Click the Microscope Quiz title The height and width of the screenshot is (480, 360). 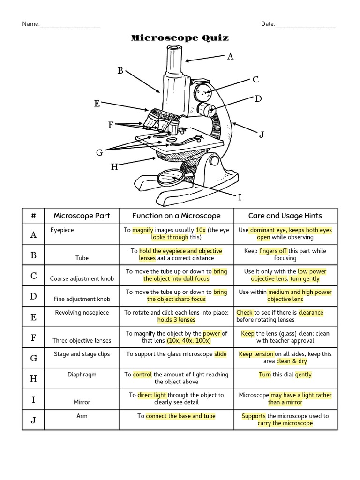(x=180, y=38)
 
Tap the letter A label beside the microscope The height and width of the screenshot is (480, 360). (x=230, y=57)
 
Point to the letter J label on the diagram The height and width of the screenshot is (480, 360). (x=262, y=135)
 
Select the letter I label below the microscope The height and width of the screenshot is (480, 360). (x=240, y=197)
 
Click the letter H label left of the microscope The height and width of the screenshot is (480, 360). (x=114, y=167)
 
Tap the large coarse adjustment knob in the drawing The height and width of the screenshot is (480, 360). (x=202, y=90)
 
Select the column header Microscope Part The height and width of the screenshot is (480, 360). (x=82, y=216)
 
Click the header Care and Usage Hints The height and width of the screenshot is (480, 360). (x=285, y=216)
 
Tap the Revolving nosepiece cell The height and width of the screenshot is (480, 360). (x=82, y=313)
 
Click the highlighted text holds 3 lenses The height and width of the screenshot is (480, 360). (x=176, y=320)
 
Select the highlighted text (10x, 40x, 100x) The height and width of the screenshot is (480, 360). (x=189, y=340)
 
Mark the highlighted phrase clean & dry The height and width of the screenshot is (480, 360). (x=290, y=361)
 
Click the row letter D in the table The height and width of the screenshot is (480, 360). (x=33, y=296)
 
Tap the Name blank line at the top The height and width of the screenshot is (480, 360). (x=70, y=25)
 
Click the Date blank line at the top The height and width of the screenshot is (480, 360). (x=306, y=25)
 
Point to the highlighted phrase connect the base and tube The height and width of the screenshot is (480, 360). (x=180, y=416)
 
